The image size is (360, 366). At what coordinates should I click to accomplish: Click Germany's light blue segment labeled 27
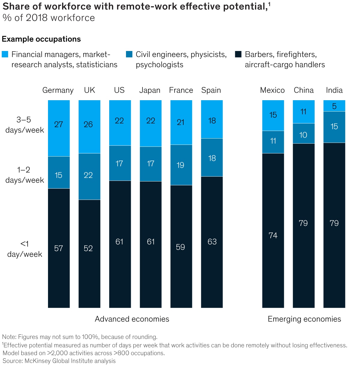tap(59, 128)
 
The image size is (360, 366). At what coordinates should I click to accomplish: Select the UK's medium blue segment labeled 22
tap(89, 176)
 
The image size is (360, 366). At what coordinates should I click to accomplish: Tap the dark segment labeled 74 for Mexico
tap(273, 230)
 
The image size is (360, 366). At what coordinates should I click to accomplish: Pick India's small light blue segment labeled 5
tap(334, 106)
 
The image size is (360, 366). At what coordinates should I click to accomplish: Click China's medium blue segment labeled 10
tap(304, 133)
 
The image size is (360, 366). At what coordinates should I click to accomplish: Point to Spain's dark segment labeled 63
tap(212, 242)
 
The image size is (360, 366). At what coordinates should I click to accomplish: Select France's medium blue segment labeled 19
tap(181, 165)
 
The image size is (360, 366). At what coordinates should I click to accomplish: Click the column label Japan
tap(150, 90)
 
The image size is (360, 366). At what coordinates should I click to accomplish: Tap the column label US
tap(119, 90)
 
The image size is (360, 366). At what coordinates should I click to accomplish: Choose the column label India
tap(334, 90)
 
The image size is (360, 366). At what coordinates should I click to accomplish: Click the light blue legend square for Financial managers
tap(5, 54)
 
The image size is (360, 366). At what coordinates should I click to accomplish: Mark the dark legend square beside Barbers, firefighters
tap(238, 54)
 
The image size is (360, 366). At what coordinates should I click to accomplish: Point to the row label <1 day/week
tap(25, 249)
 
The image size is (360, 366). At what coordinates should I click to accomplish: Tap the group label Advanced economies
tap(132, 319)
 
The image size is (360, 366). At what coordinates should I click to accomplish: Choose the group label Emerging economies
tap(304, 319)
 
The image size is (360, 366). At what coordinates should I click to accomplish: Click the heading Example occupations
tap(41, 39)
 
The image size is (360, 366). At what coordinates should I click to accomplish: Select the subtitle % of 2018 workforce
tap(49, 18)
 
